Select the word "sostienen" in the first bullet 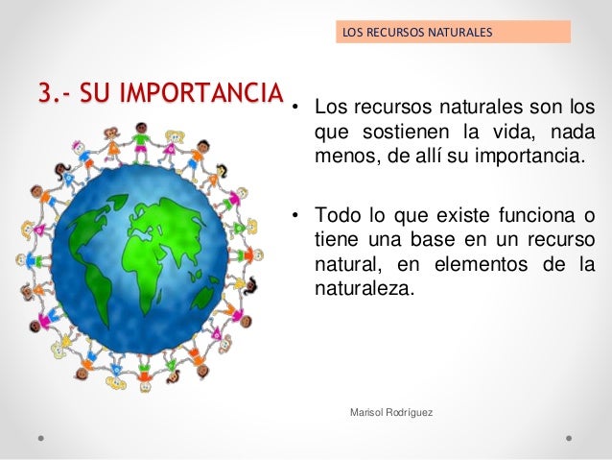point(395,131)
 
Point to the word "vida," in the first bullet point(515,131)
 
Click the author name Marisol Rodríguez point(392,412)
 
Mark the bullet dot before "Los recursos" point(298,107)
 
